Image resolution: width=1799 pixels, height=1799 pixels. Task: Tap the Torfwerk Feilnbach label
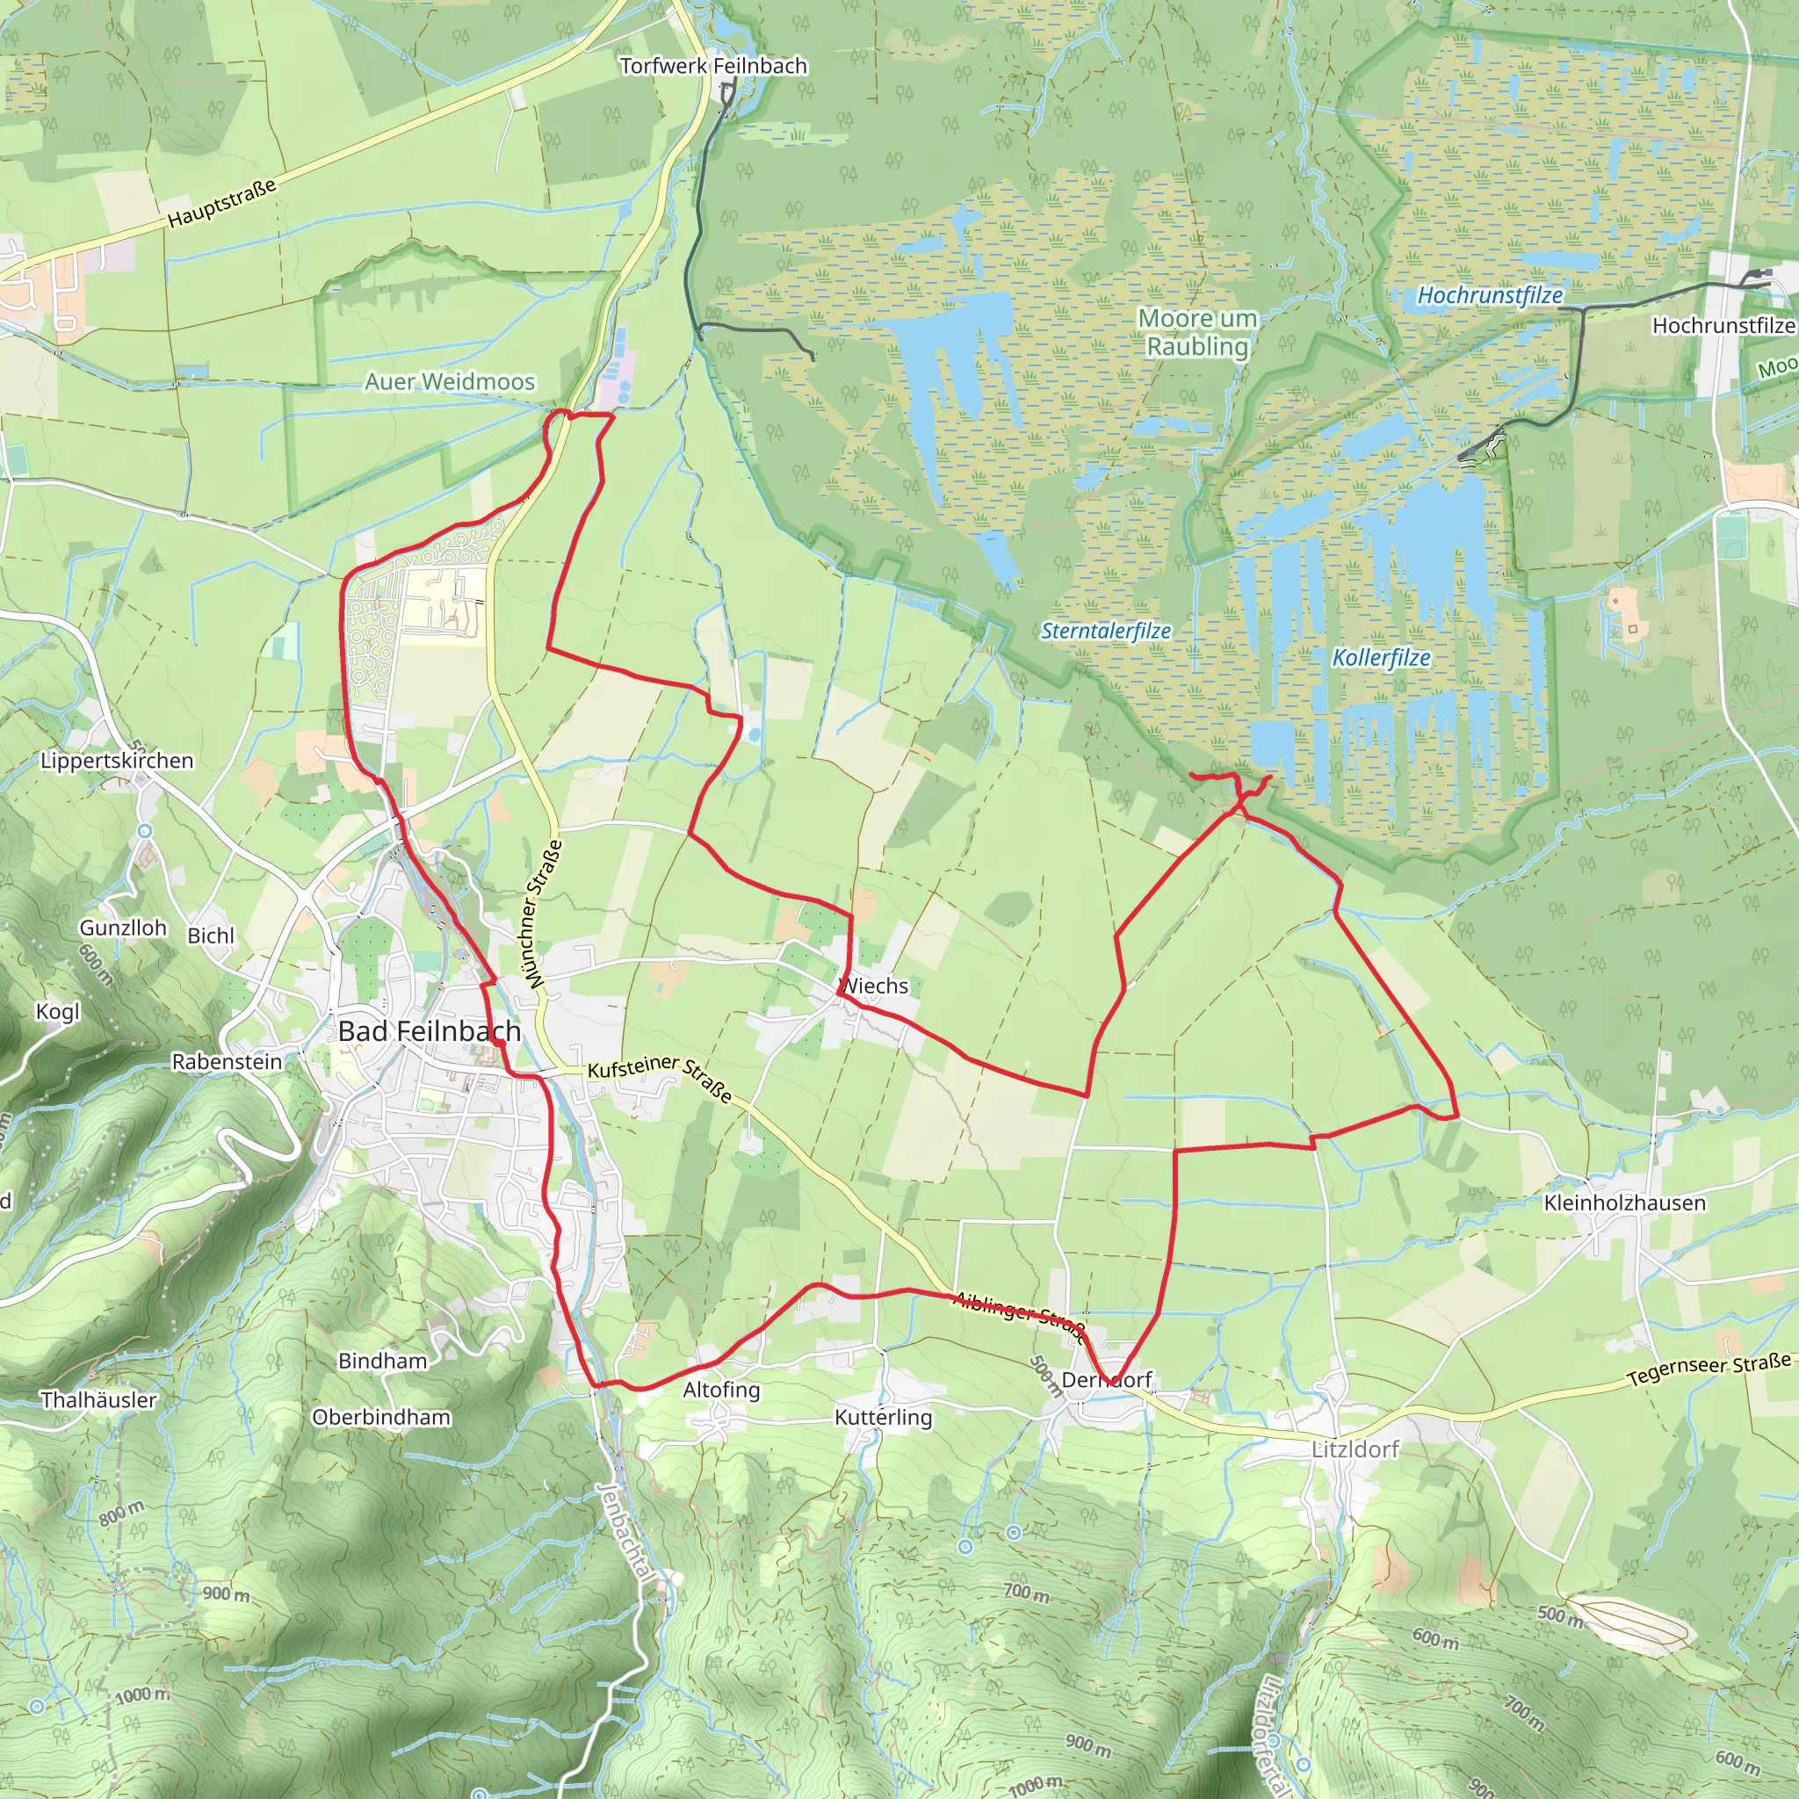(x=713, y=66)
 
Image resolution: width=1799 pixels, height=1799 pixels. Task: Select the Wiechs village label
(x=874, y=986)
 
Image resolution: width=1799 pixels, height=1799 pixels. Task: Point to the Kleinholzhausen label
(x=1625, y=1203)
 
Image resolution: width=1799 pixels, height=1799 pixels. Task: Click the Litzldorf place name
(x=1355, y=1449)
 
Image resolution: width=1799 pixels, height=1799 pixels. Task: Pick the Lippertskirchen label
(x=118, y=761)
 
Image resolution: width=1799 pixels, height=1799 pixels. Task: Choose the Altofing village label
(x=722, y=1390)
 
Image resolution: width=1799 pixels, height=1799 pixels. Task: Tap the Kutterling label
(x=883, y=1417)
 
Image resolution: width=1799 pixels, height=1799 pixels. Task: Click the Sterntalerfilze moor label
(x=1105, y=631)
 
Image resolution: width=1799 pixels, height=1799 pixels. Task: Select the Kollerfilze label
(x=1381, y=657)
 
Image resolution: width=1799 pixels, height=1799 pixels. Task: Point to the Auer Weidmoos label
(x=450, y=382)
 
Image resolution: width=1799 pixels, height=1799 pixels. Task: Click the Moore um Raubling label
(x=1197, y=332)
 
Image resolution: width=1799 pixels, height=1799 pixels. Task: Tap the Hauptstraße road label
(x=221, y=203)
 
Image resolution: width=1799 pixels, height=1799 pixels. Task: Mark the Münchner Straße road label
(x=543, y=914)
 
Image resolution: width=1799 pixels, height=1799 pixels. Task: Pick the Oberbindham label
(x=381, y=1417)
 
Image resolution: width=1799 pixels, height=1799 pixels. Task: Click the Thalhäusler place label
(x=98, y=1399)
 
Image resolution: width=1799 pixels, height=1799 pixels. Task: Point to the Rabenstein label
(x=228, y=1061)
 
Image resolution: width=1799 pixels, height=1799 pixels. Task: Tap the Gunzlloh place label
(x=123, y=928)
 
